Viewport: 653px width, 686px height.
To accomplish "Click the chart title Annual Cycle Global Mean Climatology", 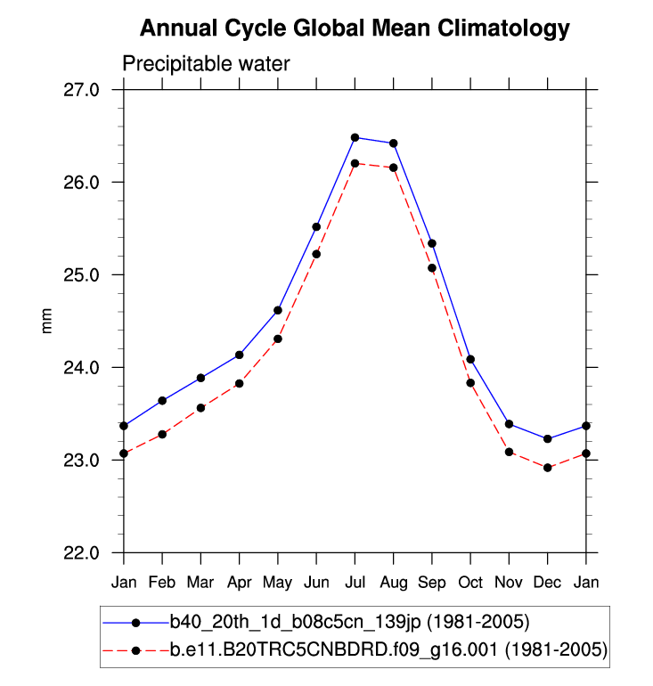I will pos(355,29).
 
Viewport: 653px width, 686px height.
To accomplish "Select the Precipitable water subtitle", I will pos(206,64).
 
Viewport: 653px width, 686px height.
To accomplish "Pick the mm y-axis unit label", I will pos(49,321).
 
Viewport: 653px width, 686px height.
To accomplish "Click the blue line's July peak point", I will pos(355,137).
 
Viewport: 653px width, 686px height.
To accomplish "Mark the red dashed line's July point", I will pos(355,163).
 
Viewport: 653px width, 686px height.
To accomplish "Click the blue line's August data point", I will pos(393,143).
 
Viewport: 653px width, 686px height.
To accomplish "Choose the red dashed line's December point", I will pos(547,468).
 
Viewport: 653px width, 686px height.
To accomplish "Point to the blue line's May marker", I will pos(278,310).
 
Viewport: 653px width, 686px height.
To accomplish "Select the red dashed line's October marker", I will pos(470,382).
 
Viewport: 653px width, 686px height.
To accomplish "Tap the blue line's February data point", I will pos(162,401).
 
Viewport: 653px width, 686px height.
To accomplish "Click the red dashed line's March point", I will pos(200,408).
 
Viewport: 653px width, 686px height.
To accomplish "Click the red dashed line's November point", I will pos(509,452).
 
